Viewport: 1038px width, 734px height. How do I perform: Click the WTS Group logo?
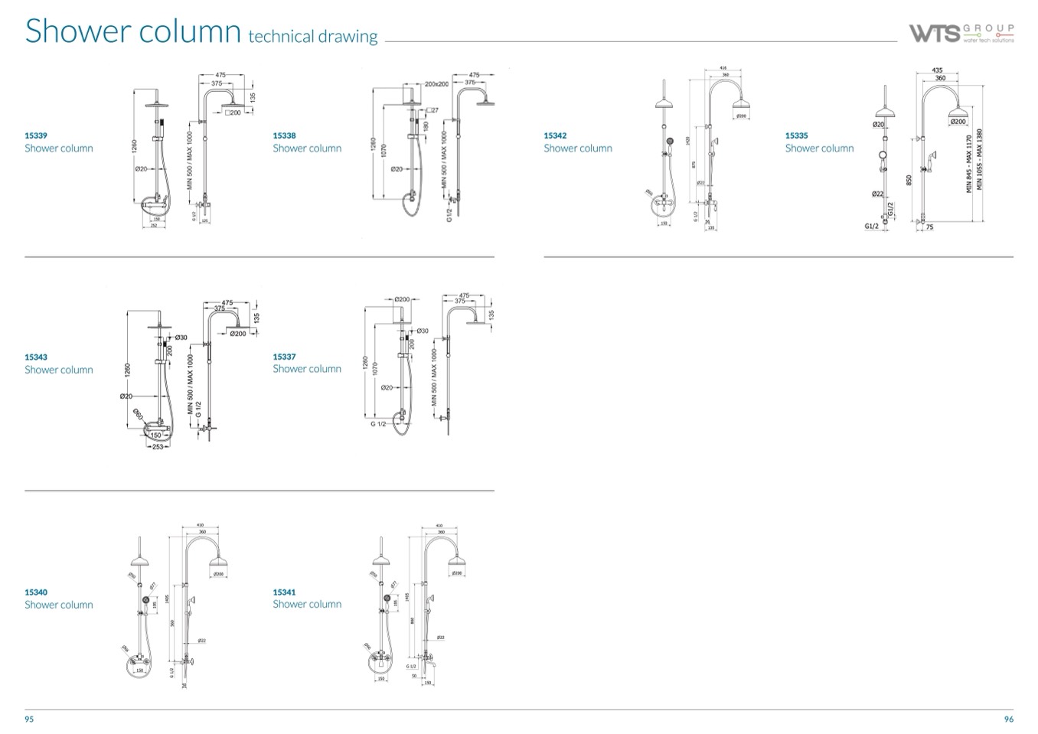961,33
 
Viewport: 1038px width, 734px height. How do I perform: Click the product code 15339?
36,135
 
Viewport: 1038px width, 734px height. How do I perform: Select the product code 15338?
284,135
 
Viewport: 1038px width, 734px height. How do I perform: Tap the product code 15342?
555,135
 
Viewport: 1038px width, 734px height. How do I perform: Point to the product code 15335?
796,135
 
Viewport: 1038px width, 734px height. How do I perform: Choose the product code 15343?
36,357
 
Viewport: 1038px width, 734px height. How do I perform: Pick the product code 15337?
284,357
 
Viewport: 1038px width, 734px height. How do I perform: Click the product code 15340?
36,592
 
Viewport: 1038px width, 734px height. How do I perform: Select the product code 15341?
284,592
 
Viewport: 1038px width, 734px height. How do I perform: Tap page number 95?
29,719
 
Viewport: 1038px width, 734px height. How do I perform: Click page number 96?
1008,719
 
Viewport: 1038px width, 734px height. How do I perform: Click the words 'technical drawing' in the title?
313,36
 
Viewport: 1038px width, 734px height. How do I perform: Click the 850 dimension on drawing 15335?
909,179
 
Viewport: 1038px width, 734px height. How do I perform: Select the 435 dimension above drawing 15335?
938,70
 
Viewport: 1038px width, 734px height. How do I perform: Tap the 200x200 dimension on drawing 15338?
436,84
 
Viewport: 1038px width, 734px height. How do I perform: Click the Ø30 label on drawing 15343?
181,338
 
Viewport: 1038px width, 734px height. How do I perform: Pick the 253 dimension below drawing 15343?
157,446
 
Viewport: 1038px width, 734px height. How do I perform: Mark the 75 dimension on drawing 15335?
929,227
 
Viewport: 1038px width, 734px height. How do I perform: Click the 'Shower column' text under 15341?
307,604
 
